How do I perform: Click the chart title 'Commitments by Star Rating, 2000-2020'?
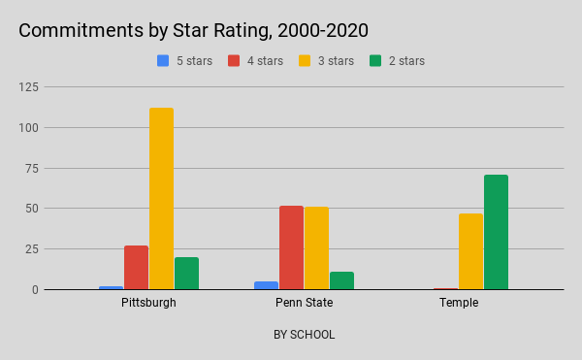tap(193, 30)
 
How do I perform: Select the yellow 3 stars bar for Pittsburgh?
tap(161, 198)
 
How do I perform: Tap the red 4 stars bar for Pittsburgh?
tap(137, 267)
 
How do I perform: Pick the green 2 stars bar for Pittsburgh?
tap(186, 273)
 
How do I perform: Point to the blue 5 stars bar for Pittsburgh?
tap(112, 287)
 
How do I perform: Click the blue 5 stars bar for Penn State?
tap(266, 285)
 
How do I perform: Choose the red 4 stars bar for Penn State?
tap(291, 247)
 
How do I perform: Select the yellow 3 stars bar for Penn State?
tap(316, 247)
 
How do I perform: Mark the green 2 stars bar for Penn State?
tap(341, 280)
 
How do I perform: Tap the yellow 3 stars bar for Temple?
tap(470, 251)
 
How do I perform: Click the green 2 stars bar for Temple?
tap(496, 232)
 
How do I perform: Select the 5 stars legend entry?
tap(185, 60)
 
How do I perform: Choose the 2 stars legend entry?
tap(397, 60)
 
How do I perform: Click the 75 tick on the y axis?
tap(59, 168)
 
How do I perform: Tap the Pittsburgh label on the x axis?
tap(149, 303)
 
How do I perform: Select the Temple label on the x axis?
tap(459, 303)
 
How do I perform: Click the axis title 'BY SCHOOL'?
tap(304, 335)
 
